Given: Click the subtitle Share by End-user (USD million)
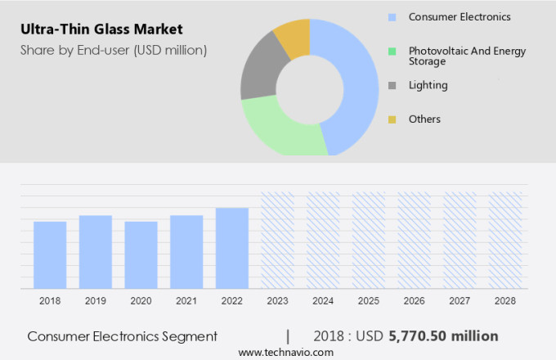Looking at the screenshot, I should [x=114, y=50].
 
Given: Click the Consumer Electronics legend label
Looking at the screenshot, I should [x=460, y=16].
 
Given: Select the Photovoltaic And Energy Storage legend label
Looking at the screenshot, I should [x=467, y=56].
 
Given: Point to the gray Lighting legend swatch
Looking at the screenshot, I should [x=392, y=85].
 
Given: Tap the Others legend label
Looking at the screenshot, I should [x=424, y=119].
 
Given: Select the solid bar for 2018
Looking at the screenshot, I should [x=50, y=254].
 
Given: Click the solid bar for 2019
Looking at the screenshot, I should [x=96, y=251].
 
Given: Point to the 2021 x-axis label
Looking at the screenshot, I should [x=186, y=301].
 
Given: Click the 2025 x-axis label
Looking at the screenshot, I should [x=369, y=301].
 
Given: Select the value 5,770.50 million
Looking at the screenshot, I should [x=444, y=336].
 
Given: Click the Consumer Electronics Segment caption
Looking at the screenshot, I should [x=123, y=336].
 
